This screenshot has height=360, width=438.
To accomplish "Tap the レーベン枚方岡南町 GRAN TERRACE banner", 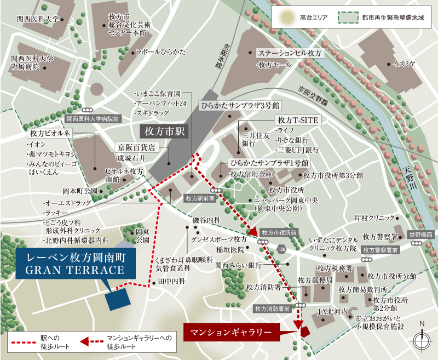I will [71, 263].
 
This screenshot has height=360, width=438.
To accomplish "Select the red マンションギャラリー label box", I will [230, 332].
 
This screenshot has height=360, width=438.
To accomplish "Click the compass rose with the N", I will [422, 340].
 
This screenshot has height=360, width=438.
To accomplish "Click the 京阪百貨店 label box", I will [137, 147].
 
